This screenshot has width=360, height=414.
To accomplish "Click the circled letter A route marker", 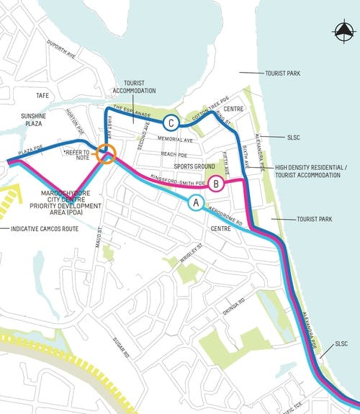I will pyautogui.click(x=194, y=203).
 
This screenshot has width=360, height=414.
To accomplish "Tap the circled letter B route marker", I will pyautogui.click(x=216, y=184).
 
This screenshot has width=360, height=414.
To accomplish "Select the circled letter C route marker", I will pyautogui.click(x=170, y=122).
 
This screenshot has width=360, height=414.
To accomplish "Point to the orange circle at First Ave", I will pyautogui.click(x=107, y=153).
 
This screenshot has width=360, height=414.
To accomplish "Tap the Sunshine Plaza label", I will pyautogui.click(x=33, y=120).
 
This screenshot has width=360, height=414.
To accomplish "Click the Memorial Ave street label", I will pyautogui.click(x=177, y=140).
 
